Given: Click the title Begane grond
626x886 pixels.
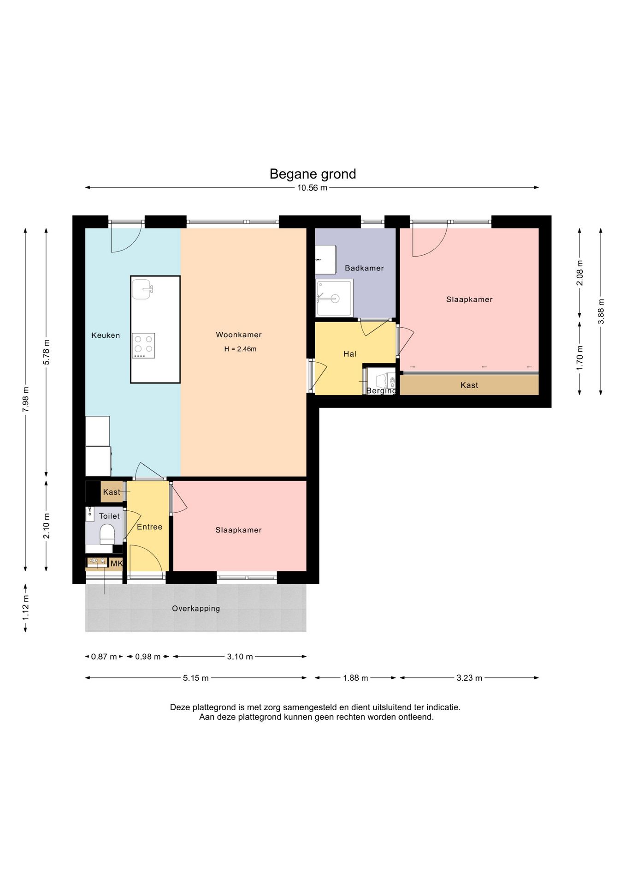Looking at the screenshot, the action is (313, 174).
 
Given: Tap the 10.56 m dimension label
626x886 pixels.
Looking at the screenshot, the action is (312, 188).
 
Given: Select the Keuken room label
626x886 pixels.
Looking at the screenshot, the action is (106, 335).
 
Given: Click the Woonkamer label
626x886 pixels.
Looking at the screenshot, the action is (239, 335).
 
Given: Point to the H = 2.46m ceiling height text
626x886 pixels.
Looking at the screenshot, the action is (240, 349).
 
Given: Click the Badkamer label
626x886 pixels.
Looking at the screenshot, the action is (364, 268).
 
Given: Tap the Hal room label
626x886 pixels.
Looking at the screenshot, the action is (350, 354).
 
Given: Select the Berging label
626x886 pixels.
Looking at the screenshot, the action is (381, 391).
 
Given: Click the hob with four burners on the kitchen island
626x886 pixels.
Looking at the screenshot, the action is (143, 346).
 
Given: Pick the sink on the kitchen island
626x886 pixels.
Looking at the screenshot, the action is (142, 289).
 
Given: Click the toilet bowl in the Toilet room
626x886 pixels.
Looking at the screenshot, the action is (107, 534).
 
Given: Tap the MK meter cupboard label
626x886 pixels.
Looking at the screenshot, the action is (117, 563).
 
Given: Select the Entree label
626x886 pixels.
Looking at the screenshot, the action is (149, 527).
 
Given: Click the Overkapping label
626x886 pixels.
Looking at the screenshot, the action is (196, 609).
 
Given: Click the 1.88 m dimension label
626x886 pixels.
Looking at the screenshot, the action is (355, 678).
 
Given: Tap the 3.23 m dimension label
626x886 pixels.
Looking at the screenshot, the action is (469, 678).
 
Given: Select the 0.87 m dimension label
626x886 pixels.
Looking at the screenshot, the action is (104, 657).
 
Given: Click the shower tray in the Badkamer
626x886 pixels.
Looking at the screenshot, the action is (334, 298).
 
